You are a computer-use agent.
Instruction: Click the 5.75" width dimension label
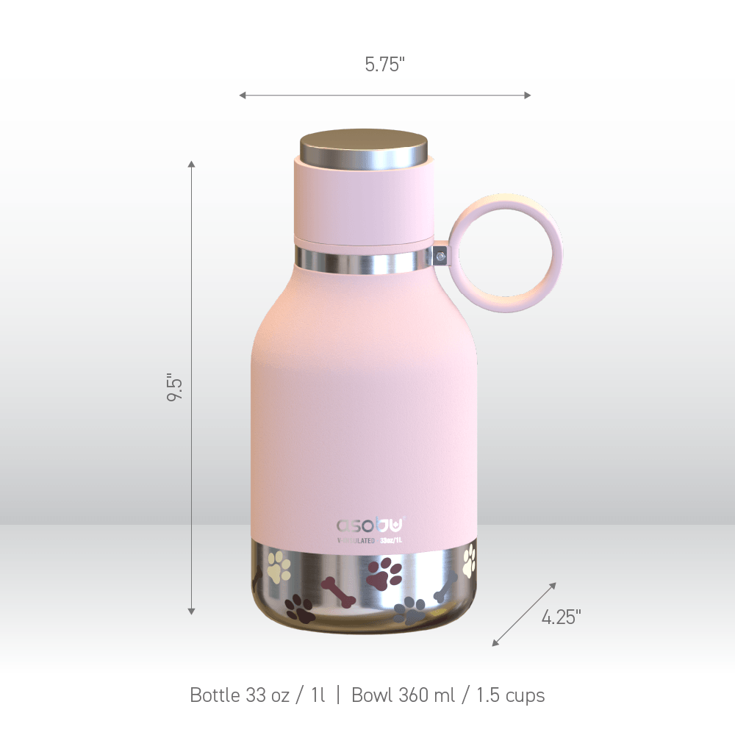pos(384,65)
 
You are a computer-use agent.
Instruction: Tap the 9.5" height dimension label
pos(174,387)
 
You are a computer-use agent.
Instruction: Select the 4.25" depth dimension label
pos(561,617)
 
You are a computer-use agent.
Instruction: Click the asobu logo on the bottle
pos(370,526)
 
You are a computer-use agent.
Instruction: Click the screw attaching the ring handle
pos(440,257)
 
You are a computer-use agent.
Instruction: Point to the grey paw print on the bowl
pos(410,610)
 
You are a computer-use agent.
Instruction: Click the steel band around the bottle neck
pos(364,259)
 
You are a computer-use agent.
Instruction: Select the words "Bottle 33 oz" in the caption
pos(240,695)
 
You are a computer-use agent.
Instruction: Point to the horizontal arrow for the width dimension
pos(384,95)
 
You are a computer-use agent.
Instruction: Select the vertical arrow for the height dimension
pos(192,387)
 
